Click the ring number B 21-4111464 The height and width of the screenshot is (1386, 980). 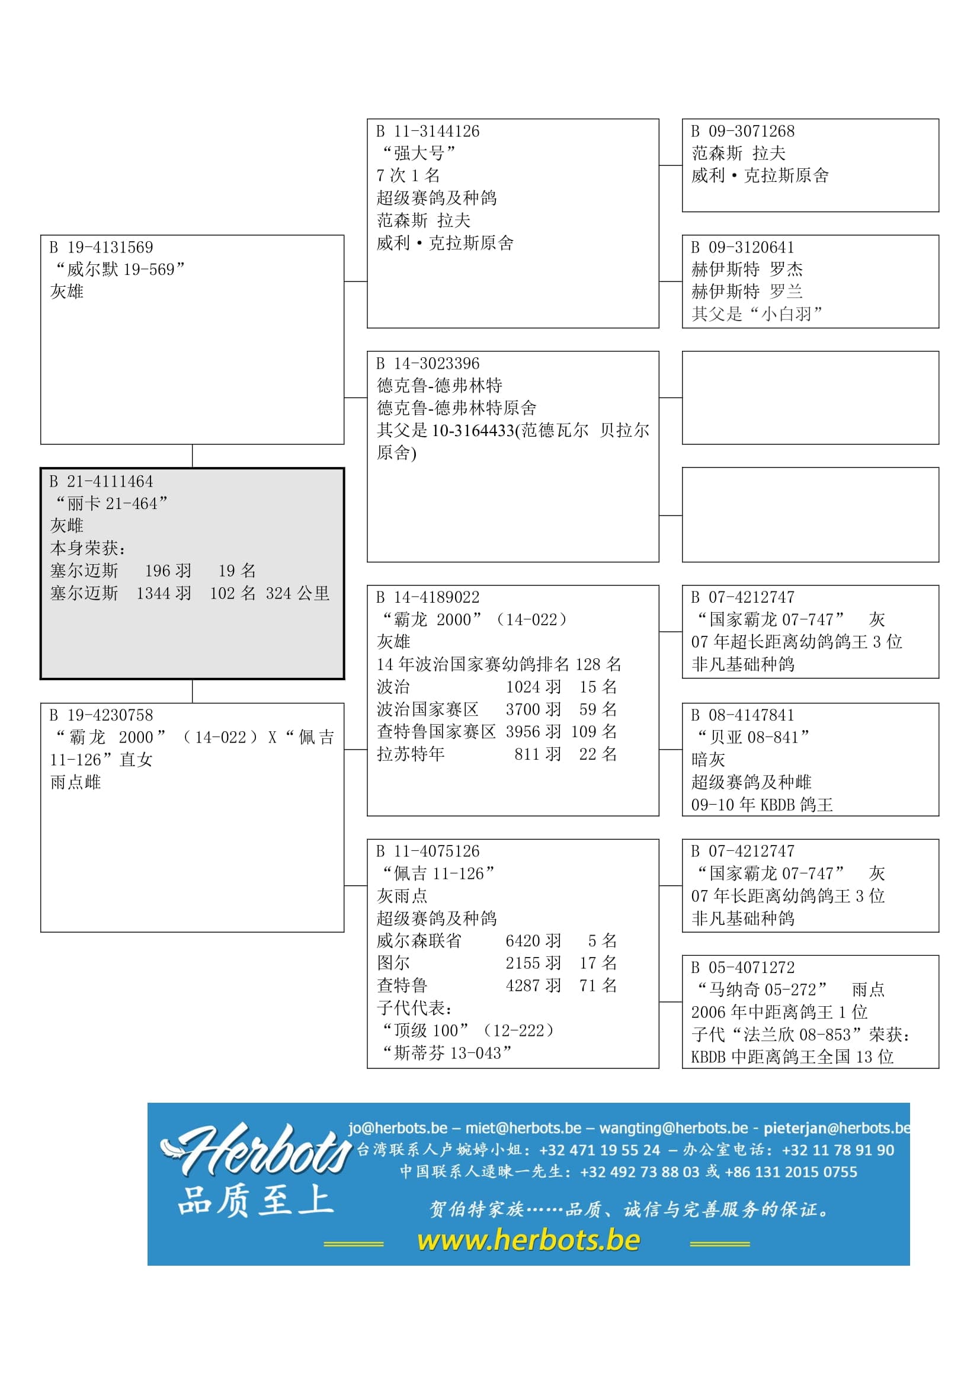click(x=101, y=482)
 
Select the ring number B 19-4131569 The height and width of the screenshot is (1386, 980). click(x=101, y=248)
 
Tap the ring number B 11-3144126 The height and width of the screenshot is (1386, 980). click(x=428, y=132)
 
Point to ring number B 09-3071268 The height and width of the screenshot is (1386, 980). click(x=743, y=132)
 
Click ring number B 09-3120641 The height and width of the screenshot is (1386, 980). click(x=743, y=248)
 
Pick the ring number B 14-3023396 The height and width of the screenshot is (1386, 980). click(x=428, y=364)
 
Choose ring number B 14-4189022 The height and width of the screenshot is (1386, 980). click(x=428, y=598)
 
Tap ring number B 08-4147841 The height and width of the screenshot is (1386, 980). click(x=743, y=715)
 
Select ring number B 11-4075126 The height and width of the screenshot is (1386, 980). click(x=428, y=852)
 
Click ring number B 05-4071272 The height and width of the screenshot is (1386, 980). click(x=743, y=968)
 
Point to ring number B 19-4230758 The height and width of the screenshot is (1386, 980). click(x=101, y=715)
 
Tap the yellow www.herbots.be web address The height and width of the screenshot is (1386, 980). click(x=528, y=1240)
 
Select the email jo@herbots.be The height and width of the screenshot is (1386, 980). click(x=398, y=1128)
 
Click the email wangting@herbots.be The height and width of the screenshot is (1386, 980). click(x=674, y=1128)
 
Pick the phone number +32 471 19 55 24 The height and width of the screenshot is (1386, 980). click(x=600, y=1151)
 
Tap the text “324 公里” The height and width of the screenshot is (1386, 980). click(x=297, y=594)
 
